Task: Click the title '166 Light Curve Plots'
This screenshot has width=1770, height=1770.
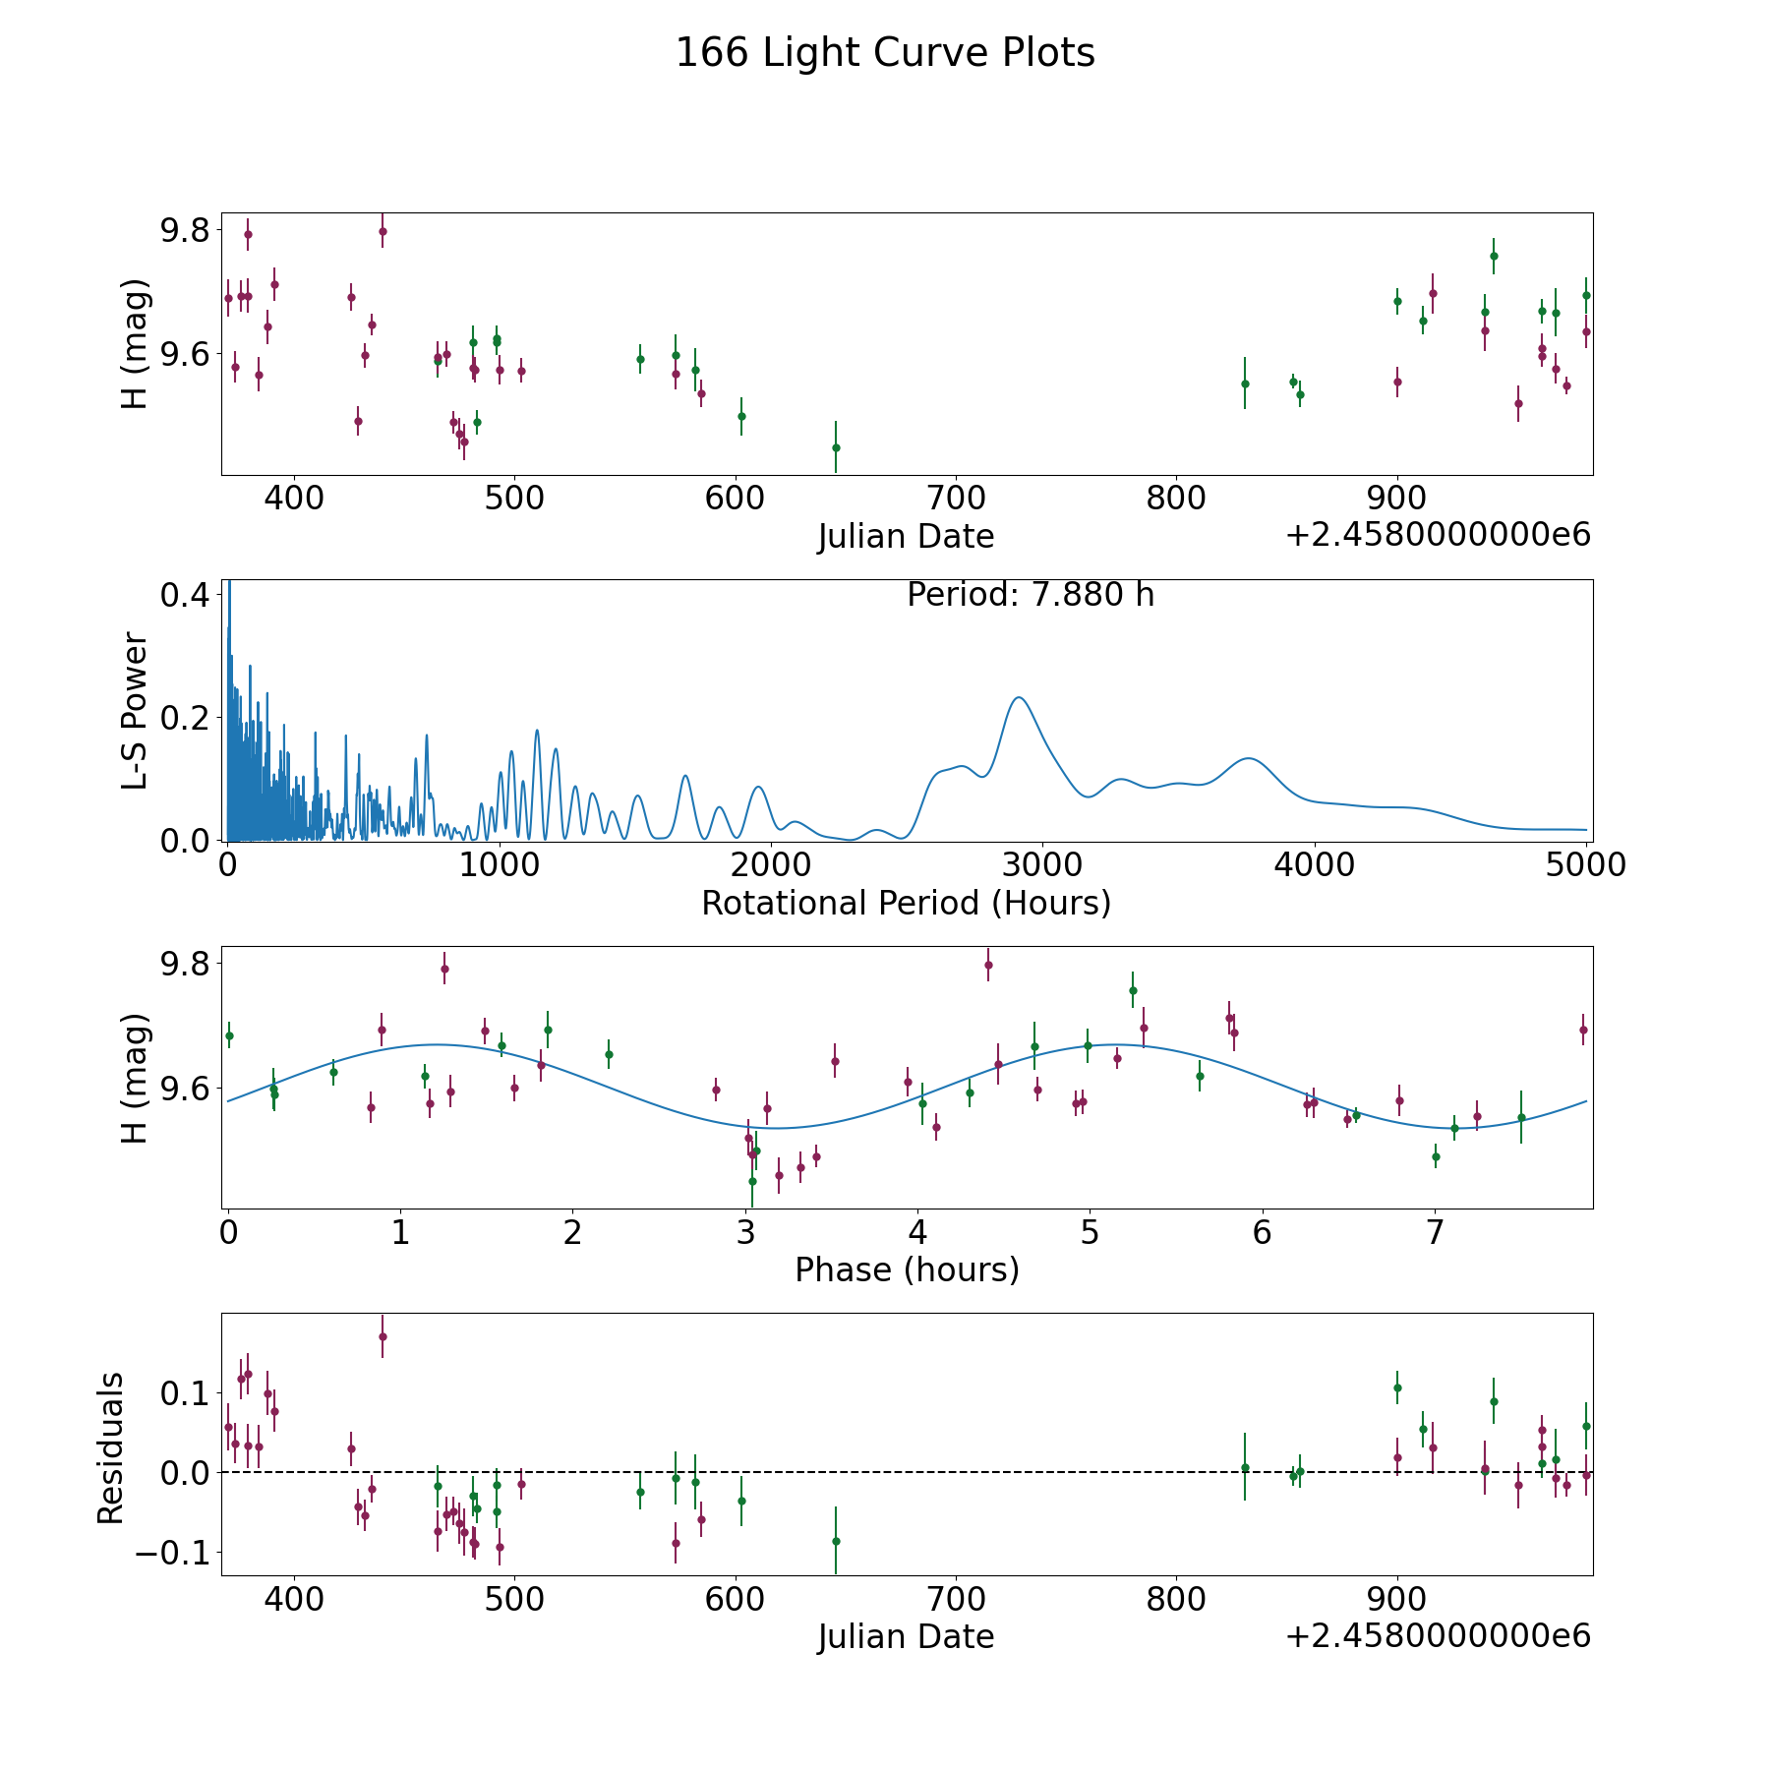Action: pos(885,53)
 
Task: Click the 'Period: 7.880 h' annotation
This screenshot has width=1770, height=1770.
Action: pos(1031,595)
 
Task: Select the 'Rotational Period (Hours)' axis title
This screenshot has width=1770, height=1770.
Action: pos(907,903)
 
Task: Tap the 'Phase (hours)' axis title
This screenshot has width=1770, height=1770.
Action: pos(907,1269)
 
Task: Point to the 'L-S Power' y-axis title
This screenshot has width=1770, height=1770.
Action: pos(136,710)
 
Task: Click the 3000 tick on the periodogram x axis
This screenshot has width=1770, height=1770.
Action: pos(1041,865)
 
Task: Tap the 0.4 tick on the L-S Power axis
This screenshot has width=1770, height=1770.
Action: pos(185,595)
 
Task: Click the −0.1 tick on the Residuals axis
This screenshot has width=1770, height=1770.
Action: pos(172,1553)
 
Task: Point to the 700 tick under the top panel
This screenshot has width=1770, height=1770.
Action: pos(956,499)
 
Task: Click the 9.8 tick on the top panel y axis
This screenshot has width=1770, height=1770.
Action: pos(185,230)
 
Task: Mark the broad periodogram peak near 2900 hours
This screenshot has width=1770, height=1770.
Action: pos(1019,697)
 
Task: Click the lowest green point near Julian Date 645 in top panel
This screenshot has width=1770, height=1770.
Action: pos(836,447)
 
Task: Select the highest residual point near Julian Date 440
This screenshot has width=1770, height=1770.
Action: pos(383,1336)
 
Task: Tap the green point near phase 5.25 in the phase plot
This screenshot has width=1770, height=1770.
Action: pos(1133,990)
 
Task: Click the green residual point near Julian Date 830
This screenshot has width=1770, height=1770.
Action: pos(1245,1467)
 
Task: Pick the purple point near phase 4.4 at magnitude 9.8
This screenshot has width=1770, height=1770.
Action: pos(988,965)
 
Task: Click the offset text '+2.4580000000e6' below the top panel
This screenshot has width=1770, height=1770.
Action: pos(1439,535)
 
